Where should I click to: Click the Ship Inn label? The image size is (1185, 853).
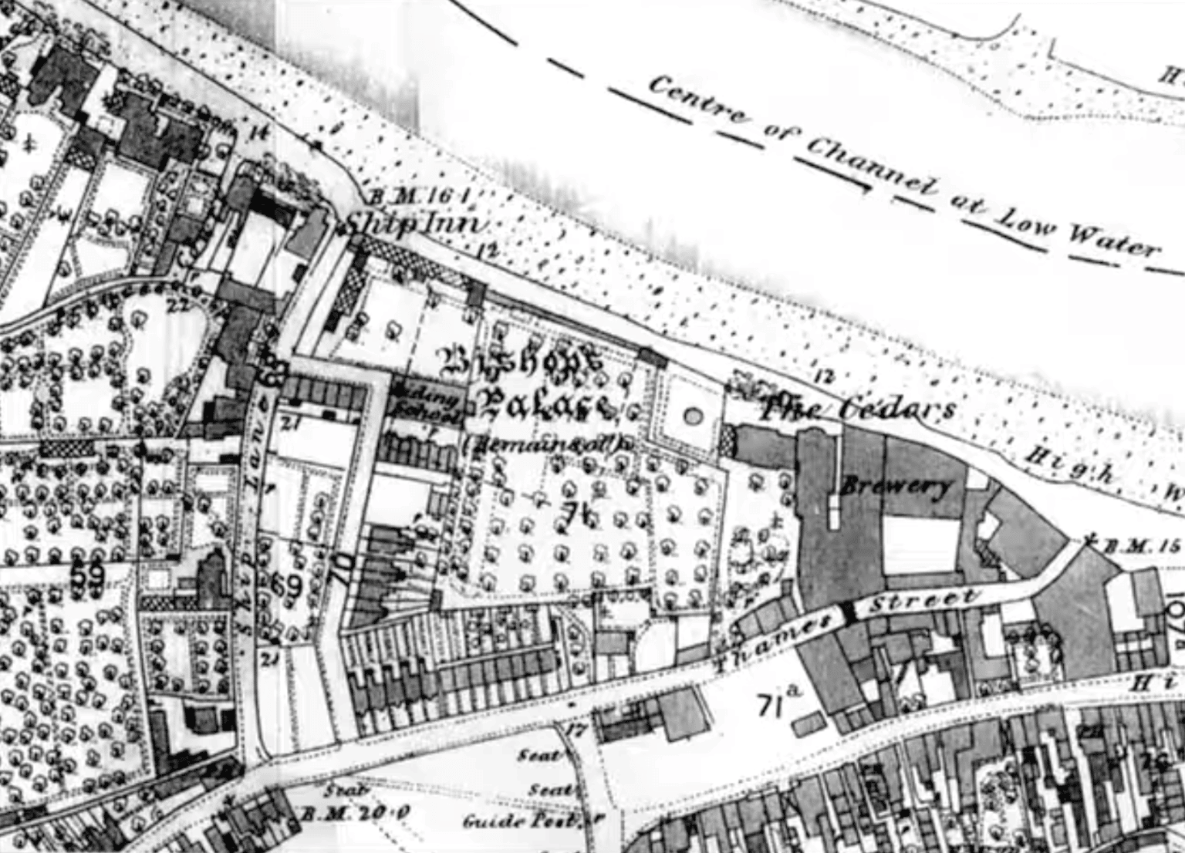[415, 224]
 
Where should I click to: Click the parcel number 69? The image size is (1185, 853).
[292, 586]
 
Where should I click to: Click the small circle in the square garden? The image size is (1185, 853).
[692, 416]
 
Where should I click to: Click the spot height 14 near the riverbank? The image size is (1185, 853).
[259, 133]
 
